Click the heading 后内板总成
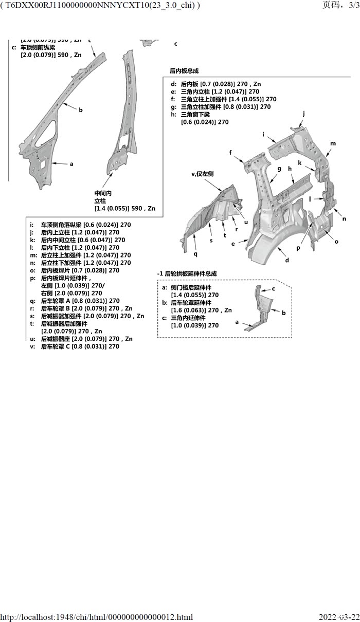point(184,71)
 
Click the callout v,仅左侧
point(202,174)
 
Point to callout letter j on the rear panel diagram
point(304,113)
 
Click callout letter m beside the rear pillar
point(333,143)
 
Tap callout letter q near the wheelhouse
point(195,253)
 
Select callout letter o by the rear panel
point(336,241)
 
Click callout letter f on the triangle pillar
point(231,152)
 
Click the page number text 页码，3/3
point(339,5)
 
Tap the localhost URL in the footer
point(97,617)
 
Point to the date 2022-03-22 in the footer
point(339,617)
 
